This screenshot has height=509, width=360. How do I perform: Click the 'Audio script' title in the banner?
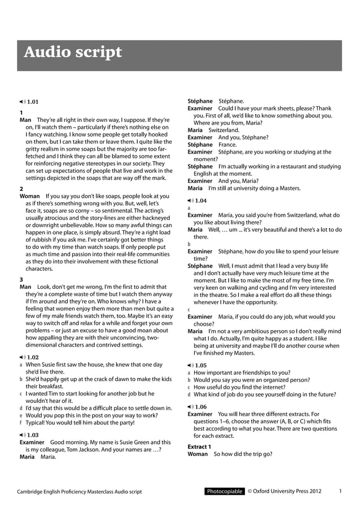[x=72, y=52]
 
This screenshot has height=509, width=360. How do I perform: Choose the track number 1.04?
[x=200, y=200]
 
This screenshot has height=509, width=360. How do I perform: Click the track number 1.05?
[x=200, y=365]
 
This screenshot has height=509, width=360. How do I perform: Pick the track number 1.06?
[x=200, y=406]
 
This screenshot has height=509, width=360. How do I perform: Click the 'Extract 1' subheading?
[x=199, y=446]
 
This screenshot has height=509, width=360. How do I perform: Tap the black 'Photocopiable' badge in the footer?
[x=224, y=492]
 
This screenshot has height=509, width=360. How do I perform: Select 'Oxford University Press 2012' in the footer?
[x=288, y=492]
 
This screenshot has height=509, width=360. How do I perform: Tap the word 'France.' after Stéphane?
[x=228, y=144]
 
